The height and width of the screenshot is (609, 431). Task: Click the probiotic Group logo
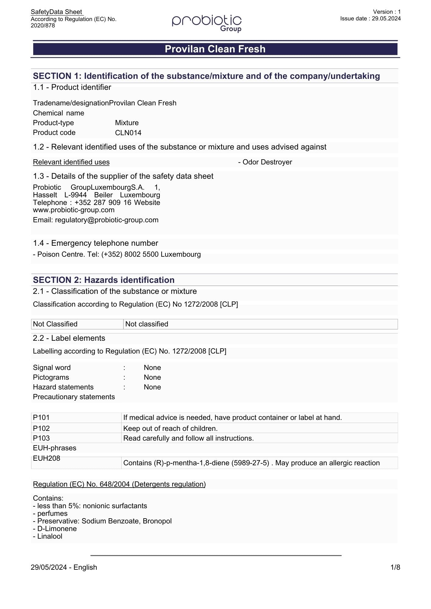pos(207,23)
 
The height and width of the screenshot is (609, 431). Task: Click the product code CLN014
pos(128,133)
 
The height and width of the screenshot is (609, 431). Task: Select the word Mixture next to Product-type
pos(127,123)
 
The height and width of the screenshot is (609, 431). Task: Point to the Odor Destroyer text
pos(265,162)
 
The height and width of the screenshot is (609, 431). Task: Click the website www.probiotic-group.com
pos(74,210)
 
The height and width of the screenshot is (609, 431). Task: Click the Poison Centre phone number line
pos(117,254)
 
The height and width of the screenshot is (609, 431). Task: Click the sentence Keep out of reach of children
pos(170,428)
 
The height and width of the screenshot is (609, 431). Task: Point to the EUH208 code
pos(47,458)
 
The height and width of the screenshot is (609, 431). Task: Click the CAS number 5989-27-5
pos(250,463)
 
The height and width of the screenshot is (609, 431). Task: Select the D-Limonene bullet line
pos(55,529)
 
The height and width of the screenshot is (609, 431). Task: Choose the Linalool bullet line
pos(48,536)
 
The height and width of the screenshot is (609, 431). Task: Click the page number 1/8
pos(395,567)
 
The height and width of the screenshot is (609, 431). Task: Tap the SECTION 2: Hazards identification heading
pos(104,280)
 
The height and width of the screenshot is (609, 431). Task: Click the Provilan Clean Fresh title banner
pos(215,49)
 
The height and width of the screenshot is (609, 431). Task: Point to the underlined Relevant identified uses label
pos(71,162)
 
